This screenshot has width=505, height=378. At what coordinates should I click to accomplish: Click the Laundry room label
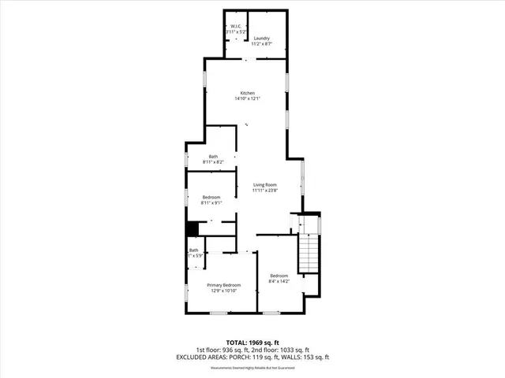pos(261,39)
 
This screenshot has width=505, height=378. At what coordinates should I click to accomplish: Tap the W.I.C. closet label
pos(236,27)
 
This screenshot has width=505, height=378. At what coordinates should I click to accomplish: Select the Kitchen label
pos(248,93)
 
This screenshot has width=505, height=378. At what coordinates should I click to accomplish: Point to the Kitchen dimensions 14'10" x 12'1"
pos(248,99)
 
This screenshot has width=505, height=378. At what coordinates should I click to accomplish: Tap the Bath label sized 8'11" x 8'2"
pos(213,156)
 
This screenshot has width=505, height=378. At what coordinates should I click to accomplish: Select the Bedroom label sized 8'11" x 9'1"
pos(211,197)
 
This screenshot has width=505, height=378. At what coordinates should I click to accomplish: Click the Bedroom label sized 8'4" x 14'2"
pos(279,275)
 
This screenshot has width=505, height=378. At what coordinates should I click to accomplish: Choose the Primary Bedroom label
pos(223,285)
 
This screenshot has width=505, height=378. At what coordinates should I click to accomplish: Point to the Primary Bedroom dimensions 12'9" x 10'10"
pos(223,291)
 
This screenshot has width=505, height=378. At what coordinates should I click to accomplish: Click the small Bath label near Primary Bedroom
pos(193,250)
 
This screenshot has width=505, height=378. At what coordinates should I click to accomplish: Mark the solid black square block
pos(191,229)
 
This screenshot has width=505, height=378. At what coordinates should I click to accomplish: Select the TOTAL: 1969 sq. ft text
pos(252,342)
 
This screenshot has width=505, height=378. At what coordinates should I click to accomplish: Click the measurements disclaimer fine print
pos(252,368)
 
